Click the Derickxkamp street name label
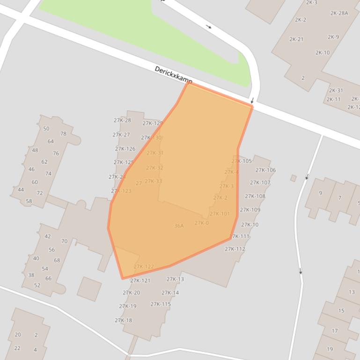pyautogui.click(x=173, y=75)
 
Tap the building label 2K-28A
pyautogui.click(x=339, y=13)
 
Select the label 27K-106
pyautogui.click(x=265, y=170)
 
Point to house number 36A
pyautogui.click(x=179, y=226)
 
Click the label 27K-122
pyautogui.click(x=144, y=267)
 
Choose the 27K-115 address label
pyautogui.click(x=161, y=304)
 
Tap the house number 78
pyautogui.click(x=63, y=134)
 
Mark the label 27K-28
pyautogui.click(x=122, y=121)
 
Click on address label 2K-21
pyautogui.click(x=296, y=39)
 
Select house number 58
pyautogui.click(x=29, y=202)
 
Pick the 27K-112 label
pyautogui.click(x=235, y=249)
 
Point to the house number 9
pyautogui.click(x=321, y=193)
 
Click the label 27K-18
pyautogui.click(x=123, y=321)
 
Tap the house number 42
pyautogui.click(x=47, y=237)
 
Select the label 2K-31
pyautogui.click(x=336, y=91)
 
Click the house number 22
pyautogui.click(x=17, y=348)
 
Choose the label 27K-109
pyautogui.click(x=250, y=210)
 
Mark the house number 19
pyautogui.click(x=330, y=349)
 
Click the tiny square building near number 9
pyautogui.click(x=294, y=178)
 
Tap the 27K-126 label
pyautogui.click(x=125, y=149)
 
